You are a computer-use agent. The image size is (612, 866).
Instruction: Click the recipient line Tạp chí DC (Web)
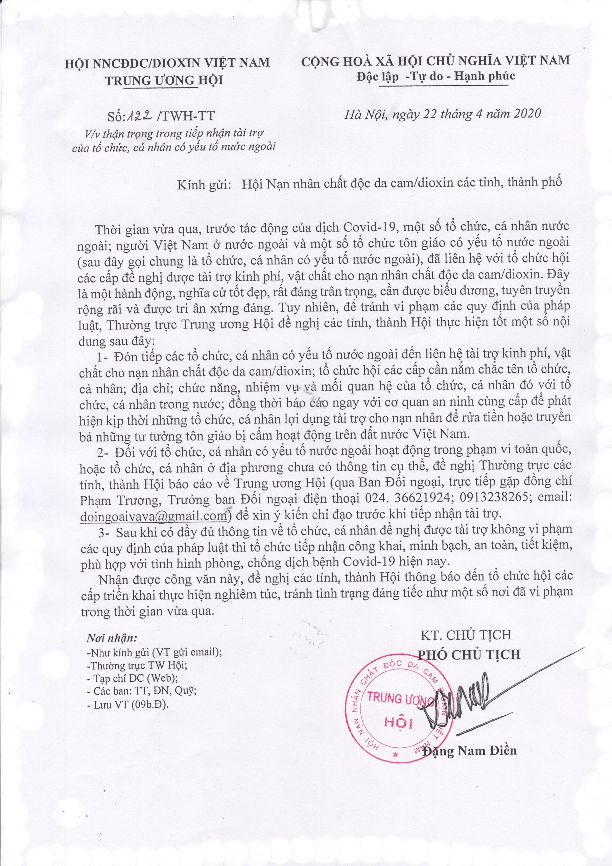pyautogui.click(x=132, y=791)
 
